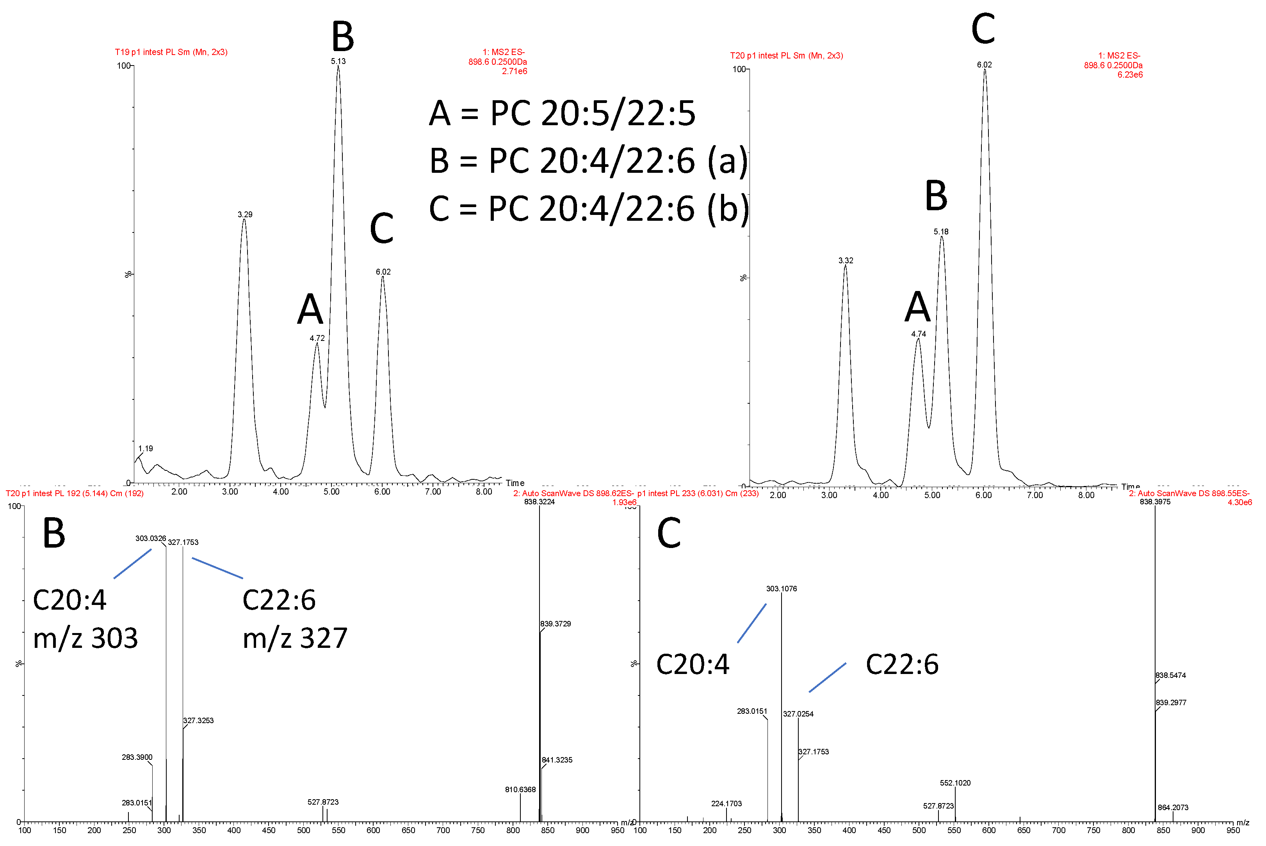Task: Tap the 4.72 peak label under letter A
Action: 317,338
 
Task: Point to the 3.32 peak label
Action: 846,261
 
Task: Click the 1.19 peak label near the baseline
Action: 145,449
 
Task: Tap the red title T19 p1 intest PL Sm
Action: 171,52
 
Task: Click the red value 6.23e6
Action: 1129,75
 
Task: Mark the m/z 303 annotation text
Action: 85,638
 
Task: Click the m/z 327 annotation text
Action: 295,638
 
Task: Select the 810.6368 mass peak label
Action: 520,789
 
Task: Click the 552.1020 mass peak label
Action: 955,783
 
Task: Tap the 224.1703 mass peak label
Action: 726,803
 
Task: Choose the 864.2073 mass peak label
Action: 1173,807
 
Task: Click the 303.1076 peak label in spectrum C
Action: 781,589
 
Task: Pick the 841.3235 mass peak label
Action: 557,760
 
